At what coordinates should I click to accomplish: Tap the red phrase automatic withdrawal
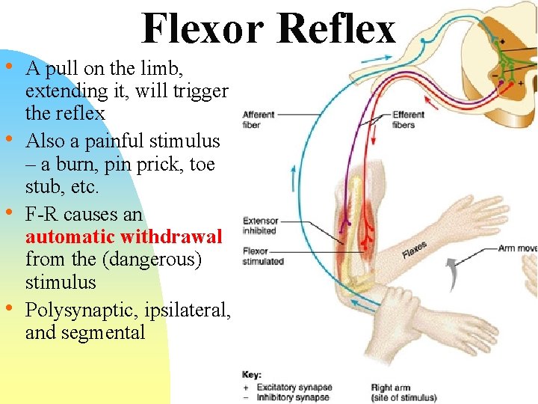click(124, 237)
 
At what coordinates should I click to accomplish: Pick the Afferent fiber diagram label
click(259, 120)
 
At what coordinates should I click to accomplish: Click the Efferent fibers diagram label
click(408, 120)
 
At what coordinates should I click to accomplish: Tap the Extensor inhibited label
click(261, 226)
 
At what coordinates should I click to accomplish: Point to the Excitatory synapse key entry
click(294, 388)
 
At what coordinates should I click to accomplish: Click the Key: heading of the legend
click(252, 375)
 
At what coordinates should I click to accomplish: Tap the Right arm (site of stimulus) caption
click(403, 393)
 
